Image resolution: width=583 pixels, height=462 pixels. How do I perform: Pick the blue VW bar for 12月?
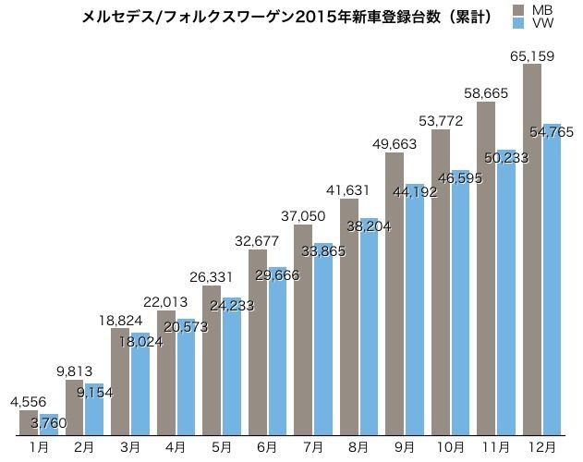click(553, 286)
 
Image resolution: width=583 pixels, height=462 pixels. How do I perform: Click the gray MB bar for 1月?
click(28, 422)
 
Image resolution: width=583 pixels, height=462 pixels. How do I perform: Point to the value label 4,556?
click(27, 401)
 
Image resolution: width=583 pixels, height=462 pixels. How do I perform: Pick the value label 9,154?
click(95, 392)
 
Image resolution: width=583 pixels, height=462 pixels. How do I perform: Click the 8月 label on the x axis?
click(359, 446)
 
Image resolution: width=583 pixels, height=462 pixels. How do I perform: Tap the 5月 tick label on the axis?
click(222, 446)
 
